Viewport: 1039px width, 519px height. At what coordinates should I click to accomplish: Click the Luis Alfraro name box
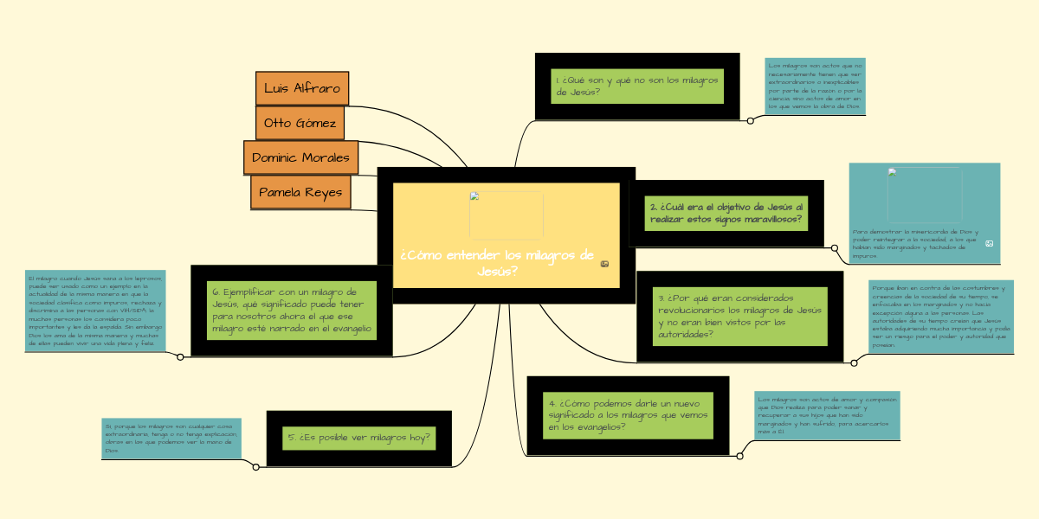[302, 88]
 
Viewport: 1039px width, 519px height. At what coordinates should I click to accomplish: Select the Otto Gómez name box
[300, 123]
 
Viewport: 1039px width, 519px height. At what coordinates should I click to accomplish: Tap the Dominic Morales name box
[300, 157]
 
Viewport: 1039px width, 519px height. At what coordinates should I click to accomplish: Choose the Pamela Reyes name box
[300, 192]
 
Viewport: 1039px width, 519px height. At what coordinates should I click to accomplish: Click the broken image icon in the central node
[506, 215]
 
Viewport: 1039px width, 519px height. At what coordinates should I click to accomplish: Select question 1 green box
[637, 86]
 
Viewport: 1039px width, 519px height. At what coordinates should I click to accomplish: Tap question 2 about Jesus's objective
[726, 213]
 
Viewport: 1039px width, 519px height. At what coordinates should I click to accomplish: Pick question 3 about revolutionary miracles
[740, 317]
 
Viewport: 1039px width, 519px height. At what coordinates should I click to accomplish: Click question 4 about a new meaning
[628, 415]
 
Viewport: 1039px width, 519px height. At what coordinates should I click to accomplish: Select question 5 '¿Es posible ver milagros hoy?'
[358, 438]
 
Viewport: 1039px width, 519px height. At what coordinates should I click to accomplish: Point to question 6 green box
[293, 310]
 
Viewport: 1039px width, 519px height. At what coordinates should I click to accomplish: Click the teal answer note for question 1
[815, 86]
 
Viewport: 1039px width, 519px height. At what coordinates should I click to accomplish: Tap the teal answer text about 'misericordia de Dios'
[918, 244]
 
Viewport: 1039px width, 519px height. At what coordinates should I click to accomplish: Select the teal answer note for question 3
[940, 316]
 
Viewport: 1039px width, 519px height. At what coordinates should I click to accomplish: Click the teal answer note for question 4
[827, 416]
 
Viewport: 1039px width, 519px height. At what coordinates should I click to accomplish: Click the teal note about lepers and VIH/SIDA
[94, 311]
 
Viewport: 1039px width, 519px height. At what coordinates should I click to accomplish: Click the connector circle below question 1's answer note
[750, 121]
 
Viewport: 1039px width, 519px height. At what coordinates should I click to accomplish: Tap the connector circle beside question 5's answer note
[255, 467]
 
